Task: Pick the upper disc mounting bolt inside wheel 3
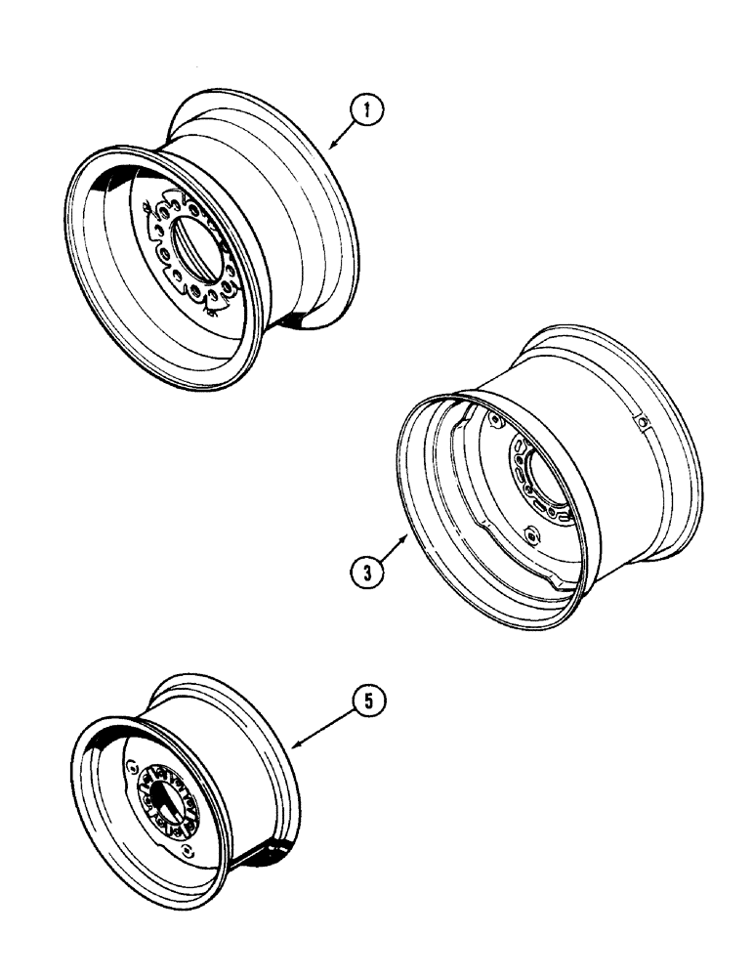click(496, 422)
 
